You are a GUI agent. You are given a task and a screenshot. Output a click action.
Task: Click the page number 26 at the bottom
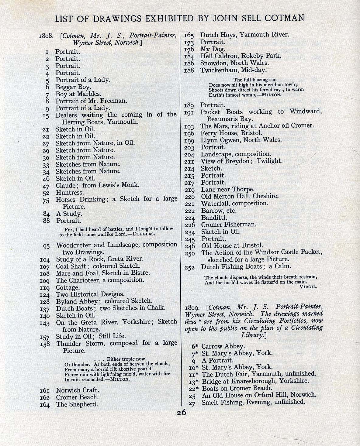coord(181,413)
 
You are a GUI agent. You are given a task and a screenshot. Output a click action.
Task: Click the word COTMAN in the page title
coord(284,18)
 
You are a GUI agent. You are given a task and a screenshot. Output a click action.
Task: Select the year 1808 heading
coord(46,36)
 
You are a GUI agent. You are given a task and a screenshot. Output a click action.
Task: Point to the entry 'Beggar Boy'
coord(73,87)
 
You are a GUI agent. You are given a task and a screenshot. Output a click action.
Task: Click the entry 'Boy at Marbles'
coord(78,94)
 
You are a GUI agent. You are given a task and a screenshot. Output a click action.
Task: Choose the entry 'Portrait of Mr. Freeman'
coord(91,101)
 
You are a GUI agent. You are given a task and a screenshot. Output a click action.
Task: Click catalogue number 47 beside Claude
coord(46,186)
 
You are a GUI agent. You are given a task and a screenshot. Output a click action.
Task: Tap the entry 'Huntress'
coord(70,192)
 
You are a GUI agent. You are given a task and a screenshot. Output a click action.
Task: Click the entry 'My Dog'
coord(213,49)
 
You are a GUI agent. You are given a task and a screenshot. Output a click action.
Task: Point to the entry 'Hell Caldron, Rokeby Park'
coord(241,56)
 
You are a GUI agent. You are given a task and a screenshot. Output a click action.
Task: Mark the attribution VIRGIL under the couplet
coord(308,286)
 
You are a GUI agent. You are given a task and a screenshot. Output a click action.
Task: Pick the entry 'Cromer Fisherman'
coord(229,225)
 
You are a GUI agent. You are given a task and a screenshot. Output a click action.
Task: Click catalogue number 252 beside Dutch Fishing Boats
coord(189,267)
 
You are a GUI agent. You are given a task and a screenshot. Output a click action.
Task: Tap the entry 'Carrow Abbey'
coord(223,346)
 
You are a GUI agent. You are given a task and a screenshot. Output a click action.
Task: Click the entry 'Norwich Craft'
coord(78,390)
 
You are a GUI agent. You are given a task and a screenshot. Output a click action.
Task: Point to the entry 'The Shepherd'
coord(77,404)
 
